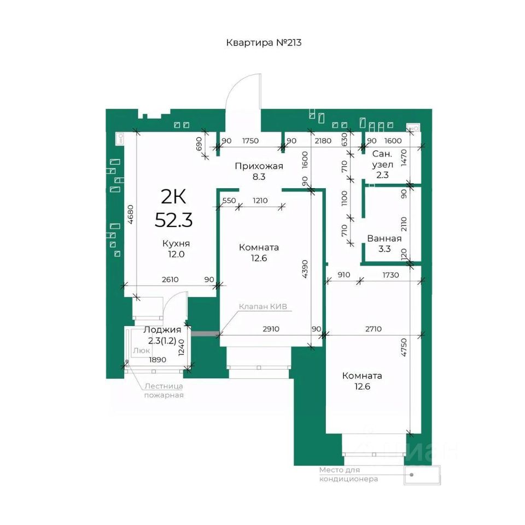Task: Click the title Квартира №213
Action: (x=264, y=43)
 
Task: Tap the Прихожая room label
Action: (x=259, y=166)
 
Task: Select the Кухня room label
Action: (x=176, y=243)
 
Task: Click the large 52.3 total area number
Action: (x=174, y=220)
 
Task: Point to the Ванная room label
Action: (x=384, y=238)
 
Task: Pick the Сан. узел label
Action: (x=382, y=159)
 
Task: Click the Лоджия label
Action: (x=162, y=329)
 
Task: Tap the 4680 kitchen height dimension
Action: (x=130, y=214)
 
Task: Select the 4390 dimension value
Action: (x=305, y=269)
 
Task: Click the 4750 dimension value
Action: (x=404, y=347)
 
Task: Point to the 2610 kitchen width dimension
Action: (x=170, y=279)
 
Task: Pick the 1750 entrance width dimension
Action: (x=250, y=141)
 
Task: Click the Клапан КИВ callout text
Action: (x=263, y=306)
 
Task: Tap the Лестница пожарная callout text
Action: (x=164, y=390)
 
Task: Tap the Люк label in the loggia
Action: (x=141, y=351)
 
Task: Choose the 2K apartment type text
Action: (x=173, y=196)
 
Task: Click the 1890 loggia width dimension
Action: (x=157, y=360)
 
